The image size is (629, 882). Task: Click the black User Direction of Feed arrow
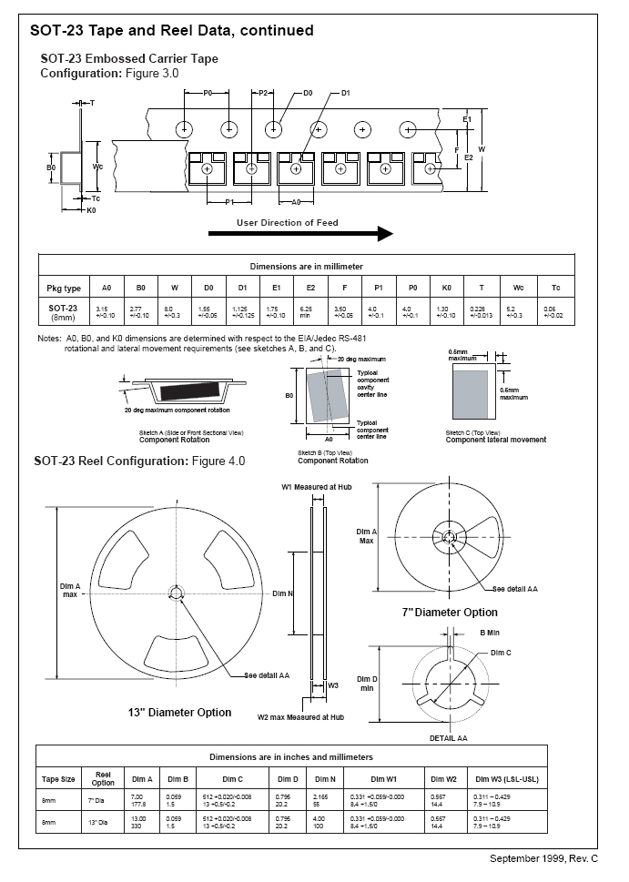(300, 234)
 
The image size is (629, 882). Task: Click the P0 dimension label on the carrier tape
(208, 93)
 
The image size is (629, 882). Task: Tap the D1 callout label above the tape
(346, 93)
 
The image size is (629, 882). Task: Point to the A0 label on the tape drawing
(297, 202)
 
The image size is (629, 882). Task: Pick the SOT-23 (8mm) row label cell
(64, 311)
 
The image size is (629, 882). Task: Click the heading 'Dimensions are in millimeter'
(306, 266)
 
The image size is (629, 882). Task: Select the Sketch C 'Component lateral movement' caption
(496, 441)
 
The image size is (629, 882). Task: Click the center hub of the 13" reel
(176, 594)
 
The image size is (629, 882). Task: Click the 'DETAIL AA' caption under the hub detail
(448, 737)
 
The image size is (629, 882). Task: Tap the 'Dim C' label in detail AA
(501, 654)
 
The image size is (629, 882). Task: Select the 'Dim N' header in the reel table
(325, 780)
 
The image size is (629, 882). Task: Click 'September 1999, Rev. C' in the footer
(543, 858)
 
